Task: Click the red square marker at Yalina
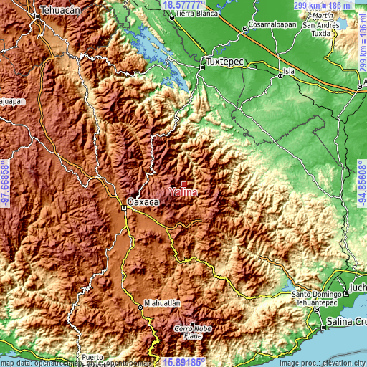coord(183,184)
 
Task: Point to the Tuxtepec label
coord(225,62)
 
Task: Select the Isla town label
coord(289,71)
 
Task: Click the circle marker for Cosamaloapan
coord(244,29)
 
